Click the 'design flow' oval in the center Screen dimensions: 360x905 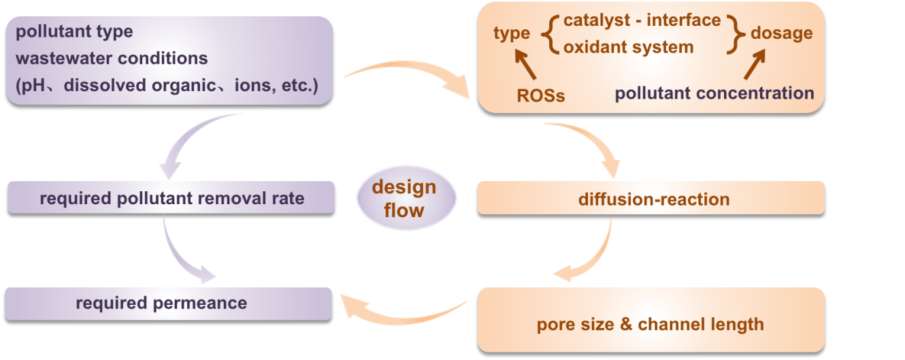pos(404,199)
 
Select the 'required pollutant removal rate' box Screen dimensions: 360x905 pos(171,198)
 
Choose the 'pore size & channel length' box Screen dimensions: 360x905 pos(650,323)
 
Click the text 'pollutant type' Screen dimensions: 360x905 pos(74,31)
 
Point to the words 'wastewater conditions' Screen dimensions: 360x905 pos(112,58)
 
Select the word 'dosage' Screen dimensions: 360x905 pos(781,33)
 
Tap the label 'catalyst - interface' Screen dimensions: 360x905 pos(642,20)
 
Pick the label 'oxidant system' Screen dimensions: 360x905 pos(628,47)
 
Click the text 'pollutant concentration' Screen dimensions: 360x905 pos(714,93)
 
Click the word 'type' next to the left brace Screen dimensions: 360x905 pos(512,33)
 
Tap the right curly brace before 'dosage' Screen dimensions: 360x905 pos(736,33)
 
